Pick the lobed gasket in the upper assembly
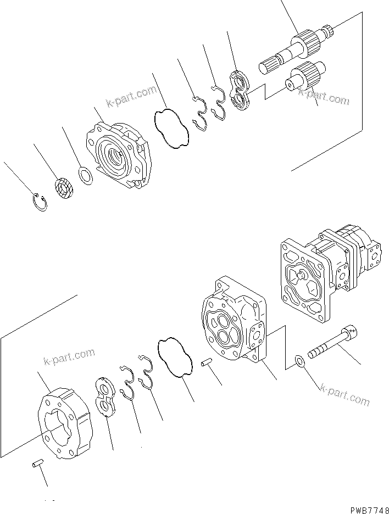point(171,128)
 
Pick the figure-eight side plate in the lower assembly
point(105,399)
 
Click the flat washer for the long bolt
point(299,361)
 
